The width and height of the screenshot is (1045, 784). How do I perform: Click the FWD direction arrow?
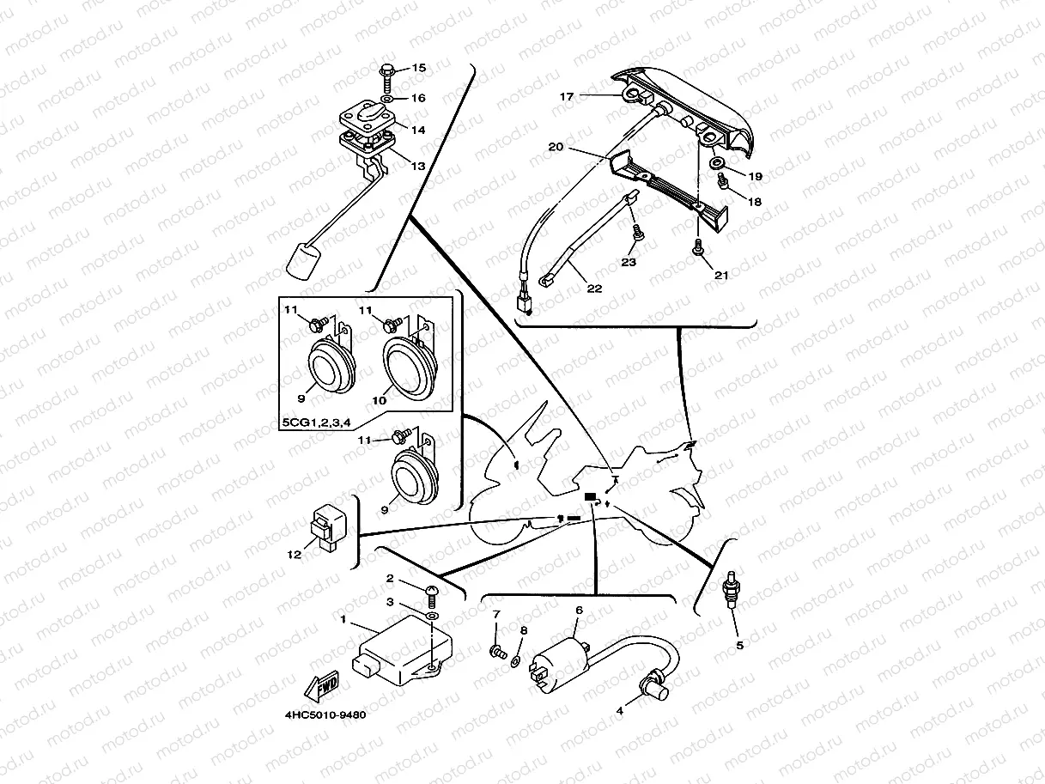tap(319, 688)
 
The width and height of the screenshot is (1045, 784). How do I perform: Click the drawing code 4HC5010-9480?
tap(320, 714)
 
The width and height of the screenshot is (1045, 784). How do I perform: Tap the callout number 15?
tap(419, 68)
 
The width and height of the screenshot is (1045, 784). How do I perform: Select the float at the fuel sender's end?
tap(305, 260)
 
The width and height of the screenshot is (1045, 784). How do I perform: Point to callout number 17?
tap(567, 97)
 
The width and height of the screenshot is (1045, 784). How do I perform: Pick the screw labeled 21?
tap(696, 248)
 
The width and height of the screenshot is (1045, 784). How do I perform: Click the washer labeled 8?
tap(515, 660)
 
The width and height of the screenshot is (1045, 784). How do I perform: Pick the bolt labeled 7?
tap(496, 653)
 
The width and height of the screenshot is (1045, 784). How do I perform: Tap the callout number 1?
tap(343, 618)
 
